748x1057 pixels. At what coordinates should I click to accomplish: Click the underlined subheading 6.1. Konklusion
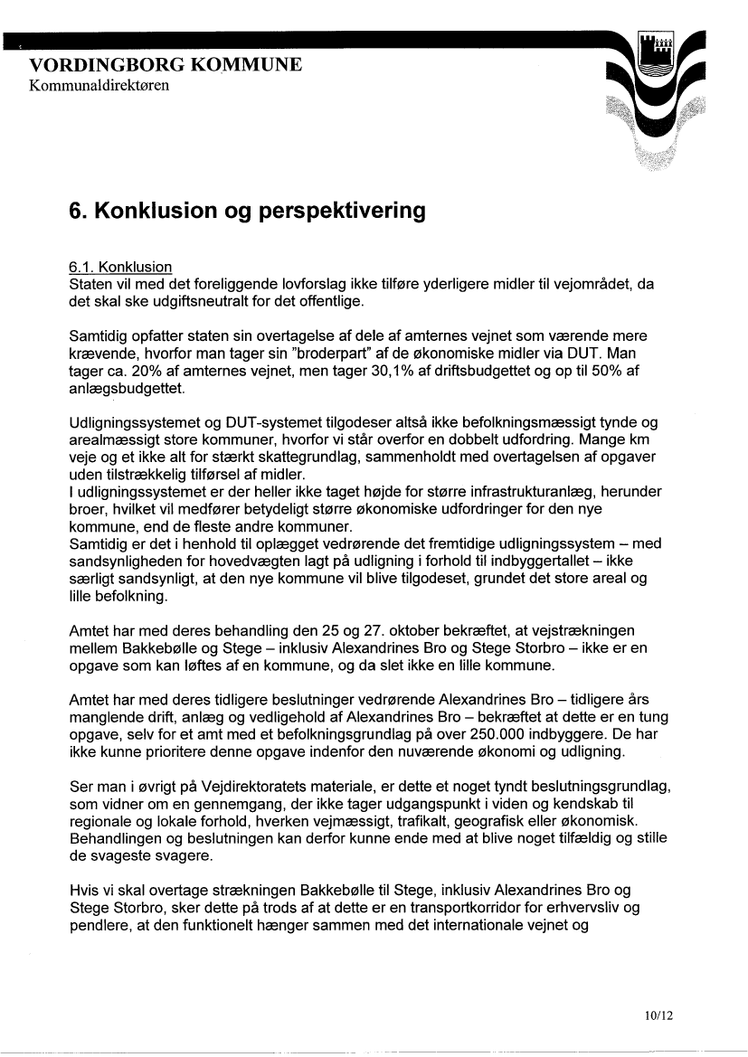pos(120,268)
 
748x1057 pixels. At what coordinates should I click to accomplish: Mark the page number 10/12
pos(660,1015)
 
